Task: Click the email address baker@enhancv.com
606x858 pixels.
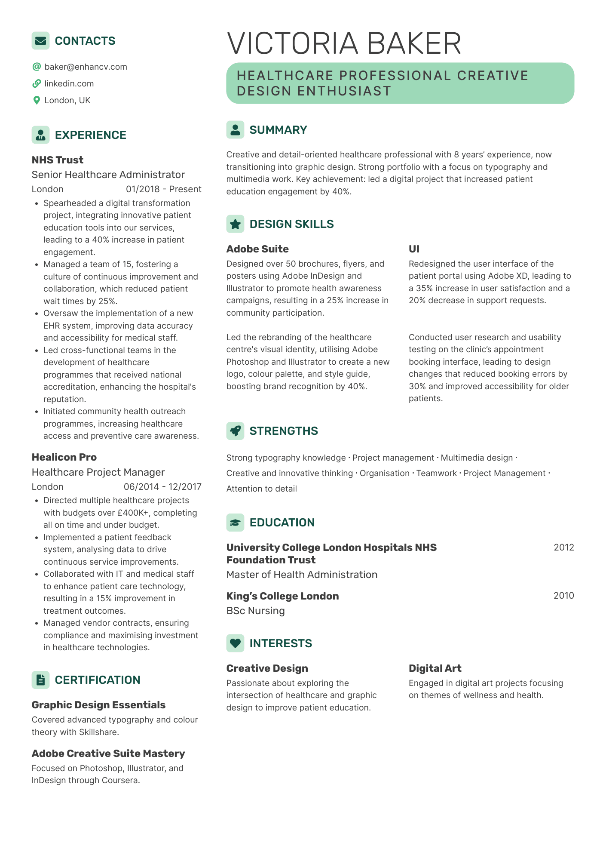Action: tap(86, 67)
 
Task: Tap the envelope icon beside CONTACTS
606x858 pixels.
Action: tap(40, 41)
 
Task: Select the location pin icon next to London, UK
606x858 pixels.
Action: tap(37, 100)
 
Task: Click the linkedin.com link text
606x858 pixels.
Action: tap(69, 83)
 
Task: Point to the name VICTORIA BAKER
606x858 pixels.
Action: tap(344, 43)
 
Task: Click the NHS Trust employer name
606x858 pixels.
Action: tap(58, 160)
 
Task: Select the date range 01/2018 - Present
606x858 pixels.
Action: tap(163, 189)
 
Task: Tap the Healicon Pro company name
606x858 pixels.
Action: tap(64, 457)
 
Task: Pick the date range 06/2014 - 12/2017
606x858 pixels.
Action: tap(162, 487)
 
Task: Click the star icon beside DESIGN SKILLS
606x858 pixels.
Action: tap(235, 224)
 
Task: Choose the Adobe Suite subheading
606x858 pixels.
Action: tap(257, 249)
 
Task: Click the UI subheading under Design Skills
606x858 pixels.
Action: tap(414, 249)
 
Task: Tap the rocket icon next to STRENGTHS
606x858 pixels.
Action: tap(235, 431)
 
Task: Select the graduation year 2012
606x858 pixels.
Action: tap(563, 547)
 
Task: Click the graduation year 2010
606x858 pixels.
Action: tap(563, 596)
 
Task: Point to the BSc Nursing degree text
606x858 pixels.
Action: tap(255, 611)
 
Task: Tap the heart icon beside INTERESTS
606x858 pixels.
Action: tap(235, 643)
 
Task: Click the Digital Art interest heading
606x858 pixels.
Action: tap(435, 668)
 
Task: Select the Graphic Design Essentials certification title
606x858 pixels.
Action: tap(98, 705)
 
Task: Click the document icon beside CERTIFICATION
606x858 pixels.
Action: tap(40, 680)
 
